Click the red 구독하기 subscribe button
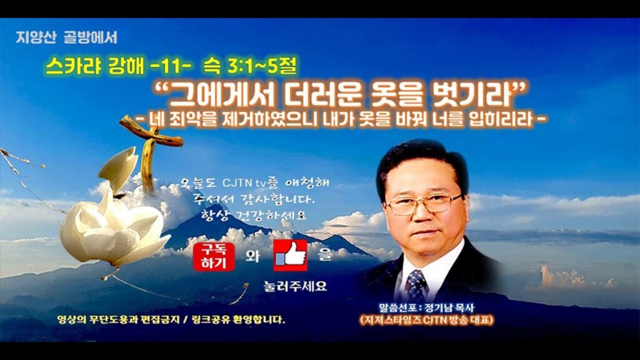[214, 257]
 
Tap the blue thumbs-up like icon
[290, 256]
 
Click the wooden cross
[151, 153]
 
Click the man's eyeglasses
[424, 203]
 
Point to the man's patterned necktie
[416, 286]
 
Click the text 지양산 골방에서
[66, 37]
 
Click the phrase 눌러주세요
[296, 286]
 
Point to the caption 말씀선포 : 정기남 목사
[426, 308]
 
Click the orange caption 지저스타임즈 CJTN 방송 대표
[426, 319]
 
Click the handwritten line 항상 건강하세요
[254, 215]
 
